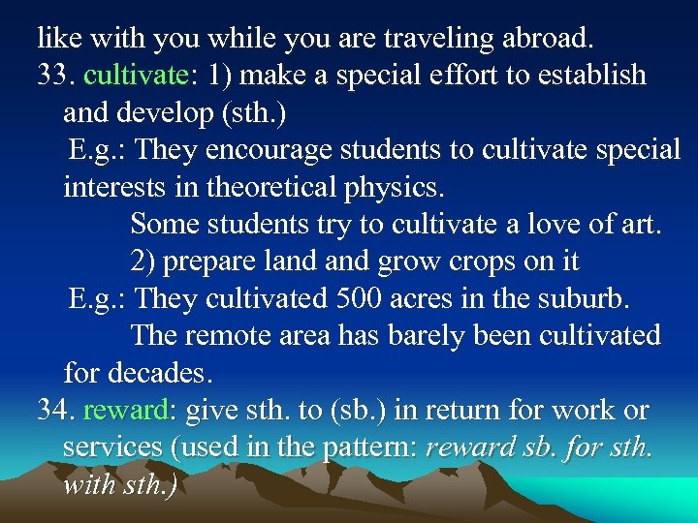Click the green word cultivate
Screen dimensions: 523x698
pos(135,76)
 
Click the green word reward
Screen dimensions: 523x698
pos(126,410)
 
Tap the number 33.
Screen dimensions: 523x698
pos(54,76)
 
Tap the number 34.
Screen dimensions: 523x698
pos(54,410)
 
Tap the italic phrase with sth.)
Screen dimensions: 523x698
pos(119,483)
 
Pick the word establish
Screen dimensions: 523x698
pos(587,76)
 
